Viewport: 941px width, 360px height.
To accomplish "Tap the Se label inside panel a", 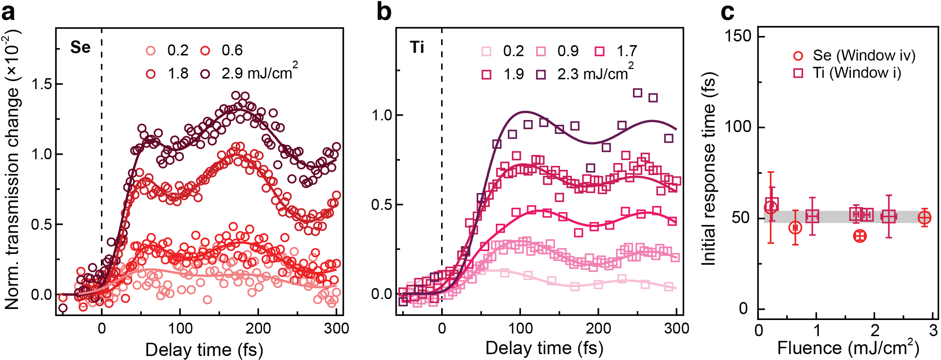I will pyautogui.click(x=80, y=47).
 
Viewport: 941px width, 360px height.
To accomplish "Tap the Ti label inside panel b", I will pyautogui.click(x=417, y=47).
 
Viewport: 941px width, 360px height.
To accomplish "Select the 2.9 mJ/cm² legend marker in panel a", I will pyautogui.click(x=205, y=74).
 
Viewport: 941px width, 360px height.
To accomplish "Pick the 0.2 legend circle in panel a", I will pyautogui.click(x=151, y=51).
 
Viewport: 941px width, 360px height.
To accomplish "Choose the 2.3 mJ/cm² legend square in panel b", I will pyautogui.click(x=541, y=75).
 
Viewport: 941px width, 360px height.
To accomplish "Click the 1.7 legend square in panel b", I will pyautogui.click(x=600, y=51).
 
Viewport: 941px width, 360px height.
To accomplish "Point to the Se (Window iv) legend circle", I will pyautogui.click(x=798, y=56).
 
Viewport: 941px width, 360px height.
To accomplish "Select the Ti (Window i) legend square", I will pyautogui.click(x=798, y=73).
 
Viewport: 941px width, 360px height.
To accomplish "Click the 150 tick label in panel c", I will pyautogui.click(x=738, y=36).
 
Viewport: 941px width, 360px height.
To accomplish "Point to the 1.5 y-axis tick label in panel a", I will pyautogui.click(x=42, y=84).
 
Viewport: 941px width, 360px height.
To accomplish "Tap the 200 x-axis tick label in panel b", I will pyautogui.click(x=598, y=328).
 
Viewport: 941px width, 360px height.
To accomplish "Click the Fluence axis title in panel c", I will pyautogui.click(x=848, y=348).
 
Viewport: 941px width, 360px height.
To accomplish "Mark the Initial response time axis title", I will pyautogui.click(x=708, y=169).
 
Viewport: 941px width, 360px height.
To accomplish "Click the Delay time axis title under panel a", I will pyautogui.click(x=204, y=349).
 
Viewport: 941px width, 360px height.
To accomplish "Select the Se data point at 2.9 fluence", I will pyautogui.click(x=924, y=218).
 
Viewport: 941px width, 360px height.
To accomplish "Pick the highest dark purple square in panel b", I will pyautogui.click(x=637, y=93).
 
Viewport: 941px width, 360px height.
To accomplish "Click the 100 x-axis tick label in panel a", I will pyautogui.click(x=180, y=328).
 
